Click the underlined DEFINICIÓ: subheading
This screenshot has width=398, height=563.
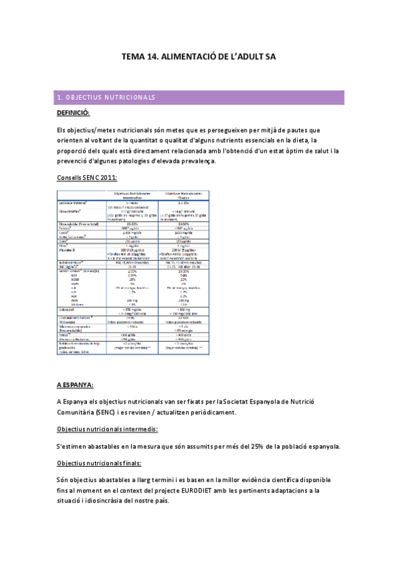[78, 113]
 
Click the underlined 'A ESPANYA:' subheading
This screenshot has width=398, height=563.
[75, 384]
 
